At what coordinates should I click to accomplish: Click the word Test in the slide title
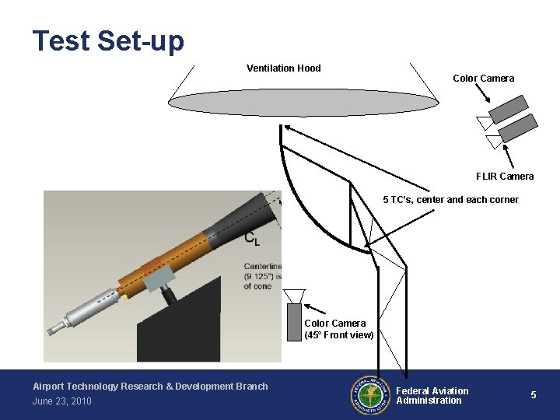(x=61, y=40)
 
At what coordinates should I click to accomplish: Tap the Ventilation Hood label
(x=283, y=68)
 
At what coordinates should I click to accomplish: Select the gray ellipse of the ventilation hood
(x=304, y=103)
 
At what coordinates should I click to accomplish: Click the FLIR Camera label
(x=505, y=177)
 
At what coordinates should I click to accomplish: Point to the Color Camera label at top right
(x=483, y=79)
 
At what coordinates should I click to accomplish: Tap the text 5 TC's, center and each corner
(x=450, y=200)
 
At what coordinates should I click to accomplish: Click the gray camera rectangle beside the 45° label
(x=294, y=321)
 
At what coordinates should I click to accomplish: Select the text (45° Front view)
(x=339, y=335)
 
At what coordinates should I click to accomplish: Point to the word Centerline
(x=262, y=267)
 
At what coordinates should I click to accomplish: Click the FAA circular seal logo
(x=370, y=395)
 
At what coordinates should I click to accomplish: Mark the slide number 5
(x=534, y=395)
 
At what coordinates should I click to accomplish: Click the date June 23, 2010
(x=62, y=401)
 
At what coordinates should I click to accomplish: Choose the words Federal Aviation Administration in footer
(x=432, y=396)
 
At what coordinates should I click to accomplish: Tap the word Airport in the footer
(x=49, y=387)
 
